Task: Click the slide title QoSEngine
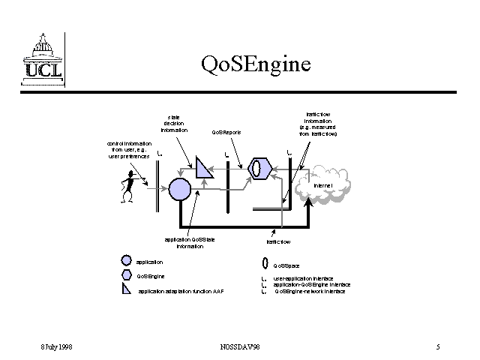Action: pos(255,64)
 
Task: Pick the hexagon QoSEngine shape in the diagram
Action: pos(259,167)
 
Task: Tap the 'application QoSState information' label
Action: pos(190,242)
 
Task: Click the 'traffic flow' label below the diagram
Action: pos(277,242)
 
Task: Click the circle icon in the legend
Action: pos(126,262)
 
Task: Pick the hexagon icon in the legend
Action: pos(126,275)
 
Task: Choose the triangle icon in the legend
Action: pos(126,289)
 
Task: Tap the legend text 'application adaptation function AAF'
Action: pos(181,291)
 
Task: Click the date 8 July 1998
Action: pos(55,347)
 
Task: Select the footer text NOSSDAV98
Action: pos(239,347)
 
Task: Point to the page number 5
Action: pos(438,347)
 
